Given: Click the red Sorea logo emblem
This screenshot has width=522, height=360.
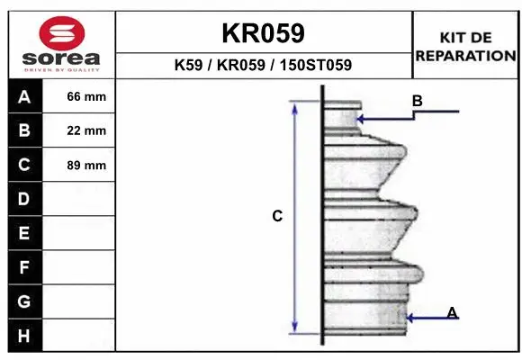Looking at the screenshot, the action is tap(62, 33).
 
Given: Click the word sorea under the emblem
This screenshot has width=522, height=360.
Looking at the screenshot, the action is tap(61, 58).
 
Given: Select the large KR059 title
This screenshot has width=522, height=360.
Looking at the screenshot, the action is tap(263, 33).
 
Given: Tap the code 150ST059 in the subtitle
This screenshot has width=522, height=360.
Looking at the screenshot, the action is tap(316, 65).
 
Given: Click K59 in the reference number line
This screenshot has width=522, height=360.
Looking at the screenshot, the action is tap(188, 65).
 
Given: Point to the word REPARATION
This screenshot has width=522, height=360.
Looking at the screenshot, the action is tap(466, 56).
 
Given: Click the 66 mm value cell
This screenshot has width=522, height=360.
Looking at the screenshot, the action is tap(79, 96).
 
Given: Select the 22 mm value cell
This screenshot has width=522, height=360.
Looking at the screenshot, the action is tap(79, 130).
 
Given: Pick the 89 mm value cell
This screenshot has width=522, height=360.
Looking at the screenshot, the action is tap(79, 165).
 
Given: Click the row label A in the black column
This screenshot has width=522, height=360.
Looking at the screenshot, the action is tap(24, 97).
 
